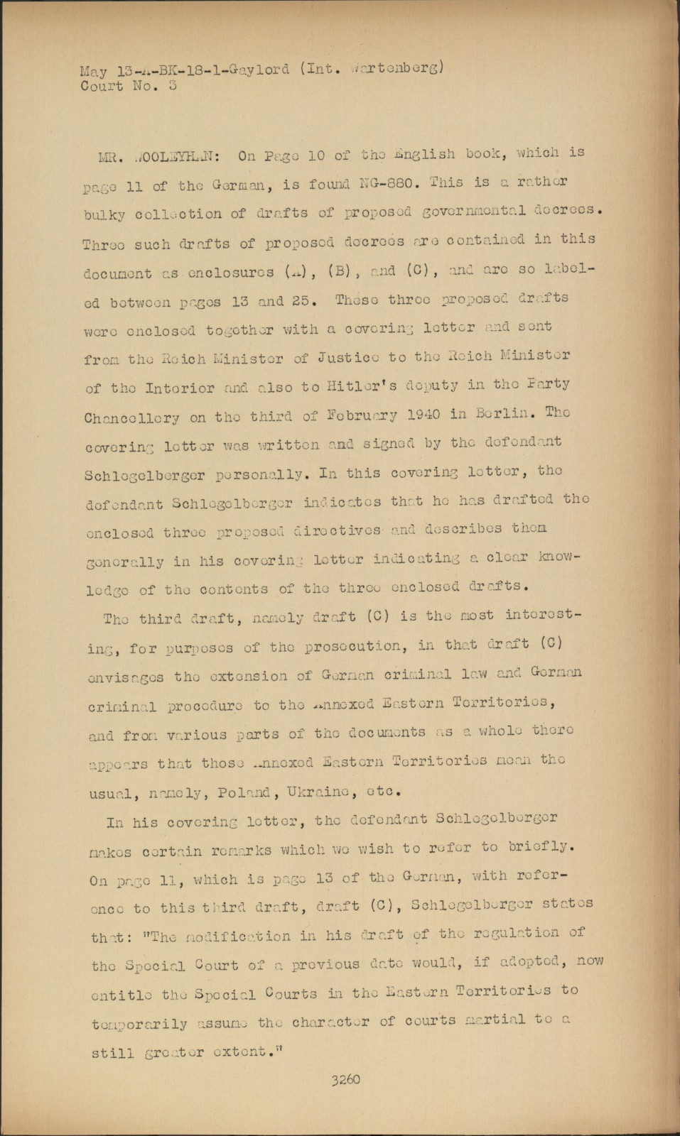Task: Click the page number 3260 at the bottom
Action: coord(345,1080)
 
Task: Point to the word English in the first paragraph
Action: coord(423,153)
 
